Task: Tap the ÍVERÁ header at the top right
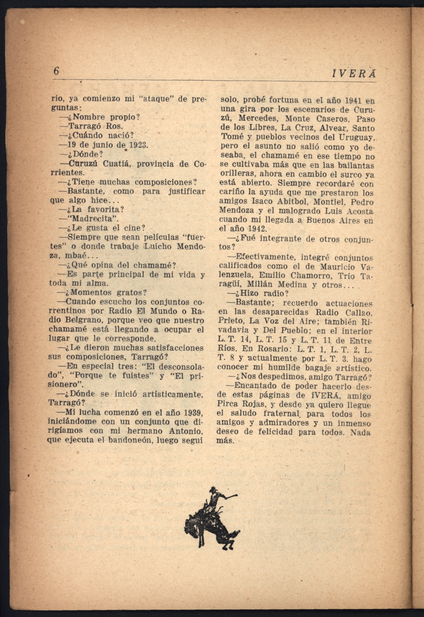coord(354,75)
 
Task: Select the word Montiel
coord(329,202)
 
